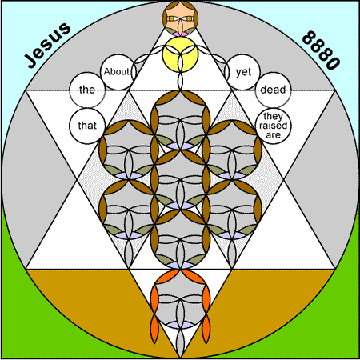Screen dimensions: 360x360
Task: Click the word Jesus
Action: [x=48, y=45]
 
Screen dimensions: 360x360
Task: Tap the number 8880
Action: [x=322, y=50]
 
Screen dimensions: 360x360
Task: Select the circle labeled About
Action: [x=118, y=72]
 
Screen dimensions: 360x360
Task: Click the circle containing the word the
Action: [x=87, y=90]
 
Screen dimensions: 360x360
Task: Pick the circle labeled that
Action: [x=87, y=126]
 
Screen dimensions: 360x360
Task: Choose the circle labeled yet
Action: [x=242, y=72]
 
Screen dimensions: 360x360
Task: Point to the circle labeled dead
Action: [x=273, y=90]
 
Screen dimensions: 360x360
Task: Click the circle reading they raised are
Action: [x=273, y=126]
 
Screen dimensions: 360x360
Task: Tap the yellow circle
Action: [x=180, y=54]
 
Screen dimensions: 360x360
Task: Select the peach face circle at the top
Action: [x=180, y=18]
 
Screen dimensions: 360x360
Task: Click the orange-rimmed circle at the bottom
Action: [x=180, y=299]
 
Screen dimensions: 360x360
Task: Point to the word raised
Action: [x=273, y=126]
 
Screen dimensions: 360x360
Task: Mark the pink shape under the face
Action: [x=180, y=34]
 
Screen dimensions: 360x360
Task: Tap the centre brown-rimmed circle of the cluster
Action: [x=180, y=180]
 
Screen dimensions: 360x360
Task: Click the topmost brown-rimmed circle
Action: [x=180, y=120]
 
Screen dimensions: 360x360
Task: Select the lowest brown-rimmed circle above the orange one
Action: [x=180, y=239]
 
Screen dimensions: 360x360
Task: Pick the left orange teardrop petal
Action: [x=155, y=329]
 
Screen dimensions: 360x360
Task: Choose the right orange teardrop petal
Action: [x=206, y=329]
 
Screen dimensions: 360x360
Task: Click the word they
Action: [x=273, y=117]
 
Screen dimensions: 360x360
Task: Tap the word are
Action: [x=273, y=135]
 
